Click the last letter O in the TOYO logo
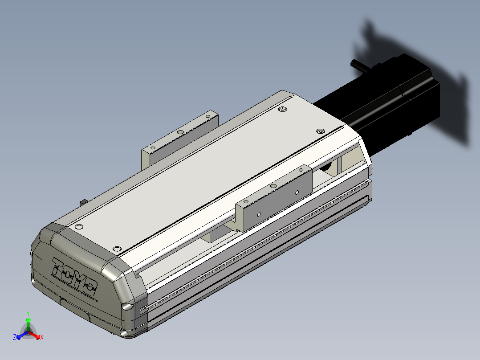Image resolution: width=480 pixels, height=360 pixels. click(x=89, y=287)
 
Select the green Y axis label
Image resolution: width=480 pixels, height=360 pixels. click(x=28, y=313)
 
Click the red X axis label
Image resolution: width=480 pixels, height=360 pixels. click(x=42, y=337)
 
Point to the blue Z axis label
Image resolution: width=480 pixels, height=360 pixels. click(x=14, y=337)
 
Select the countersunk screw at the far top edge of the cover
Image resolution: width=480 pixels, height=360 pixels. click(x=283, y=109)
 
